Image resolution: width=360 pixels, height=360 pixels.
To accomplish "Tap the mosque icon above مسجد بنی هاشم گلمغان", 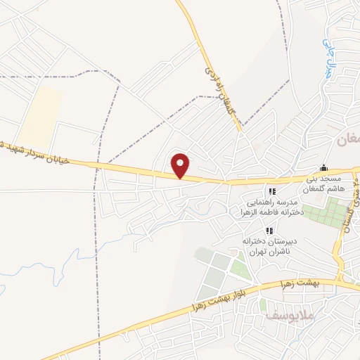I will pos(323,168).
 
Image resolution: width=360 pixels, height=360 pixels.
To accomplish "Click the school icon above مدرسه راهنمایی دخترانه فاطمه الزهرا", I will pos(272,191).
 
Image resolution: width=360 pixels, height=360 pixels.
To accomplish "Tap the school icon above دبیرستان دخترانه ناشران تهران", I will pos(268,231).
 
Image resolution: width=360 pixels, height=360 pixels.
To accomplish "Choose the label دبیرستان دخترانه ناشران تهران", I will pos(267,247).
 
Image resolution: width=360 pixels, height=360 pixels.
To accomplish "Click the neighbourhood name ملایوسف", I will pos(288,316).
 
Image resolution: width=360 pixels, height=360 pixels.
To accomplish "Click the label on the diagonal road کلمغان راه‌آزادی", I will pos(217,88).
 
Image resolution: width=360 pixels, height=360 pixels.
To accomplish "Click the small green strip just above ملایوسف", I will pos(263,305).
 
